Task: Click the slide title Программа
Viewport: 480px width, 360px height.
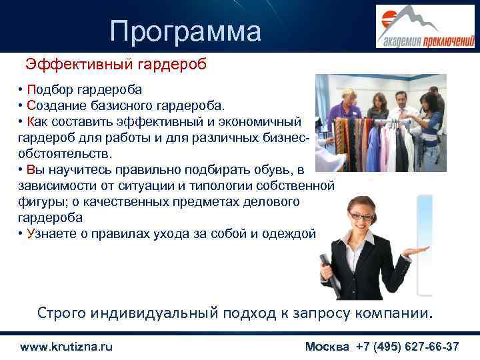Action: click(x=186, y=31)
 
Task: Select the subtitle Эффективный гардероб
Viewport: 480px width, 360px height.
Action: click(x=116, y=65)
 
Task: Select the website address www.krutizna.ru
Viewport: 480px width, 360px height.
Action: click(x=67, y=347)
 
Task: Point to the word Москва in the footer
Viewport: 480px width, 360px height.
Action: click(x=327, y=347)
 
